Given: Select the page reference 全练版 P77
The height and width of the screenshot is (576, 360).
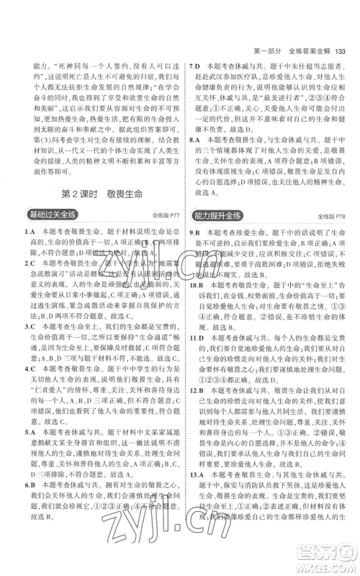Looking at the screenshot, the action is [163, 215].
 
